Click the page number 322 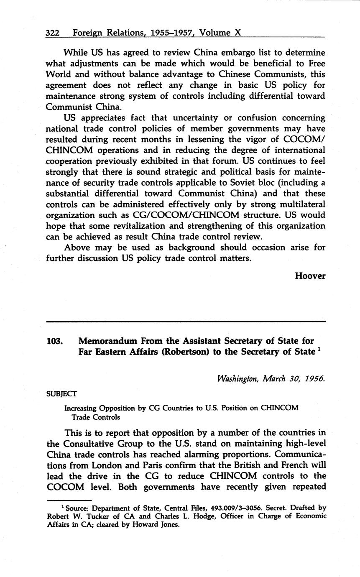click(x=54, y=32)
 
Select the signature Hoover click(x=310, y=276)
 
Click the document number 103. click(x=55, y=341)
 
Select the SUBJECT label click(x=61, y=393)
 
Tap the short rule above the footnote click(x=69, y=500)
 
